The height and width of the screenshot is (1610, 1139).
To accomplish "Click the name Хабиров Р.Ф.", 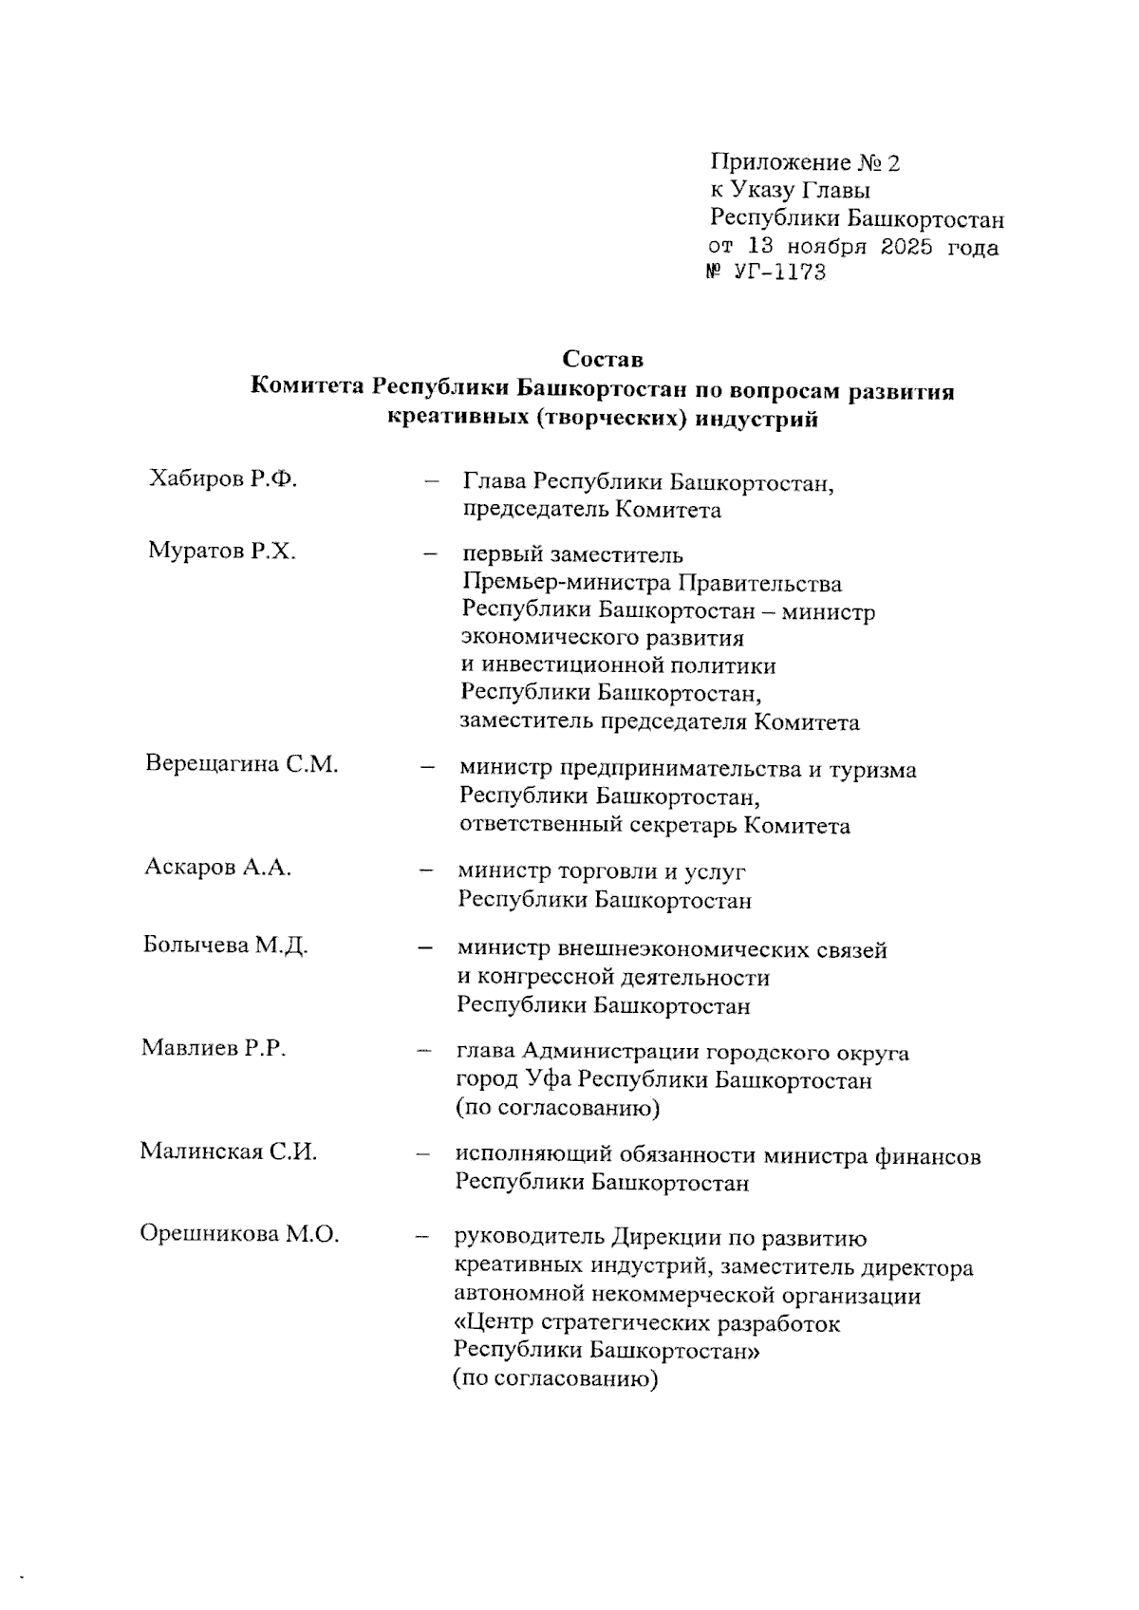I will point(223,479).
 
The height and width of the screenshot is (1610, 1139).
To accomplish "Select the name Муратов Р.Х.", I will point(222,552).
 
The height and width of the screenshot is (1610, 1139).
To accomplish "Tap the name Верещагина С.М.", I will point(242,765).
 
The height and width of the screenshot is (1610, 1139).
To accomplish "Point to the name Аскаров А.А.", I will point(217,868).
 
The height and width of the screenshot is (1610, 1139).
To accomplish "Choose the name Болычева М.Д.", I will point(225,945).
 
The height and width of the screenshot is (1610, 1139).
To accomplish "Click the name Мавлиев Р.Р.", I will point(214,1048).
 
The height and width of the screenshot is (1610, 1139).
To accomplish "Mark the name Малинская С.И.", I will point(228,1152).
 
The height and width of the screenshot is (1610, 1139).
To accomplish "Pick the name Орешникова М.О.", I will point(239,1235).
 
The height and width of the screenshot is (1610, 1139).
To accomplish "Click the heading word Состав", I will point(602,360).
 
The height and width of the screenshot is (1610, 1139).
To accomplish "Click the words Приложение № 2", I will point(805,162).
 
